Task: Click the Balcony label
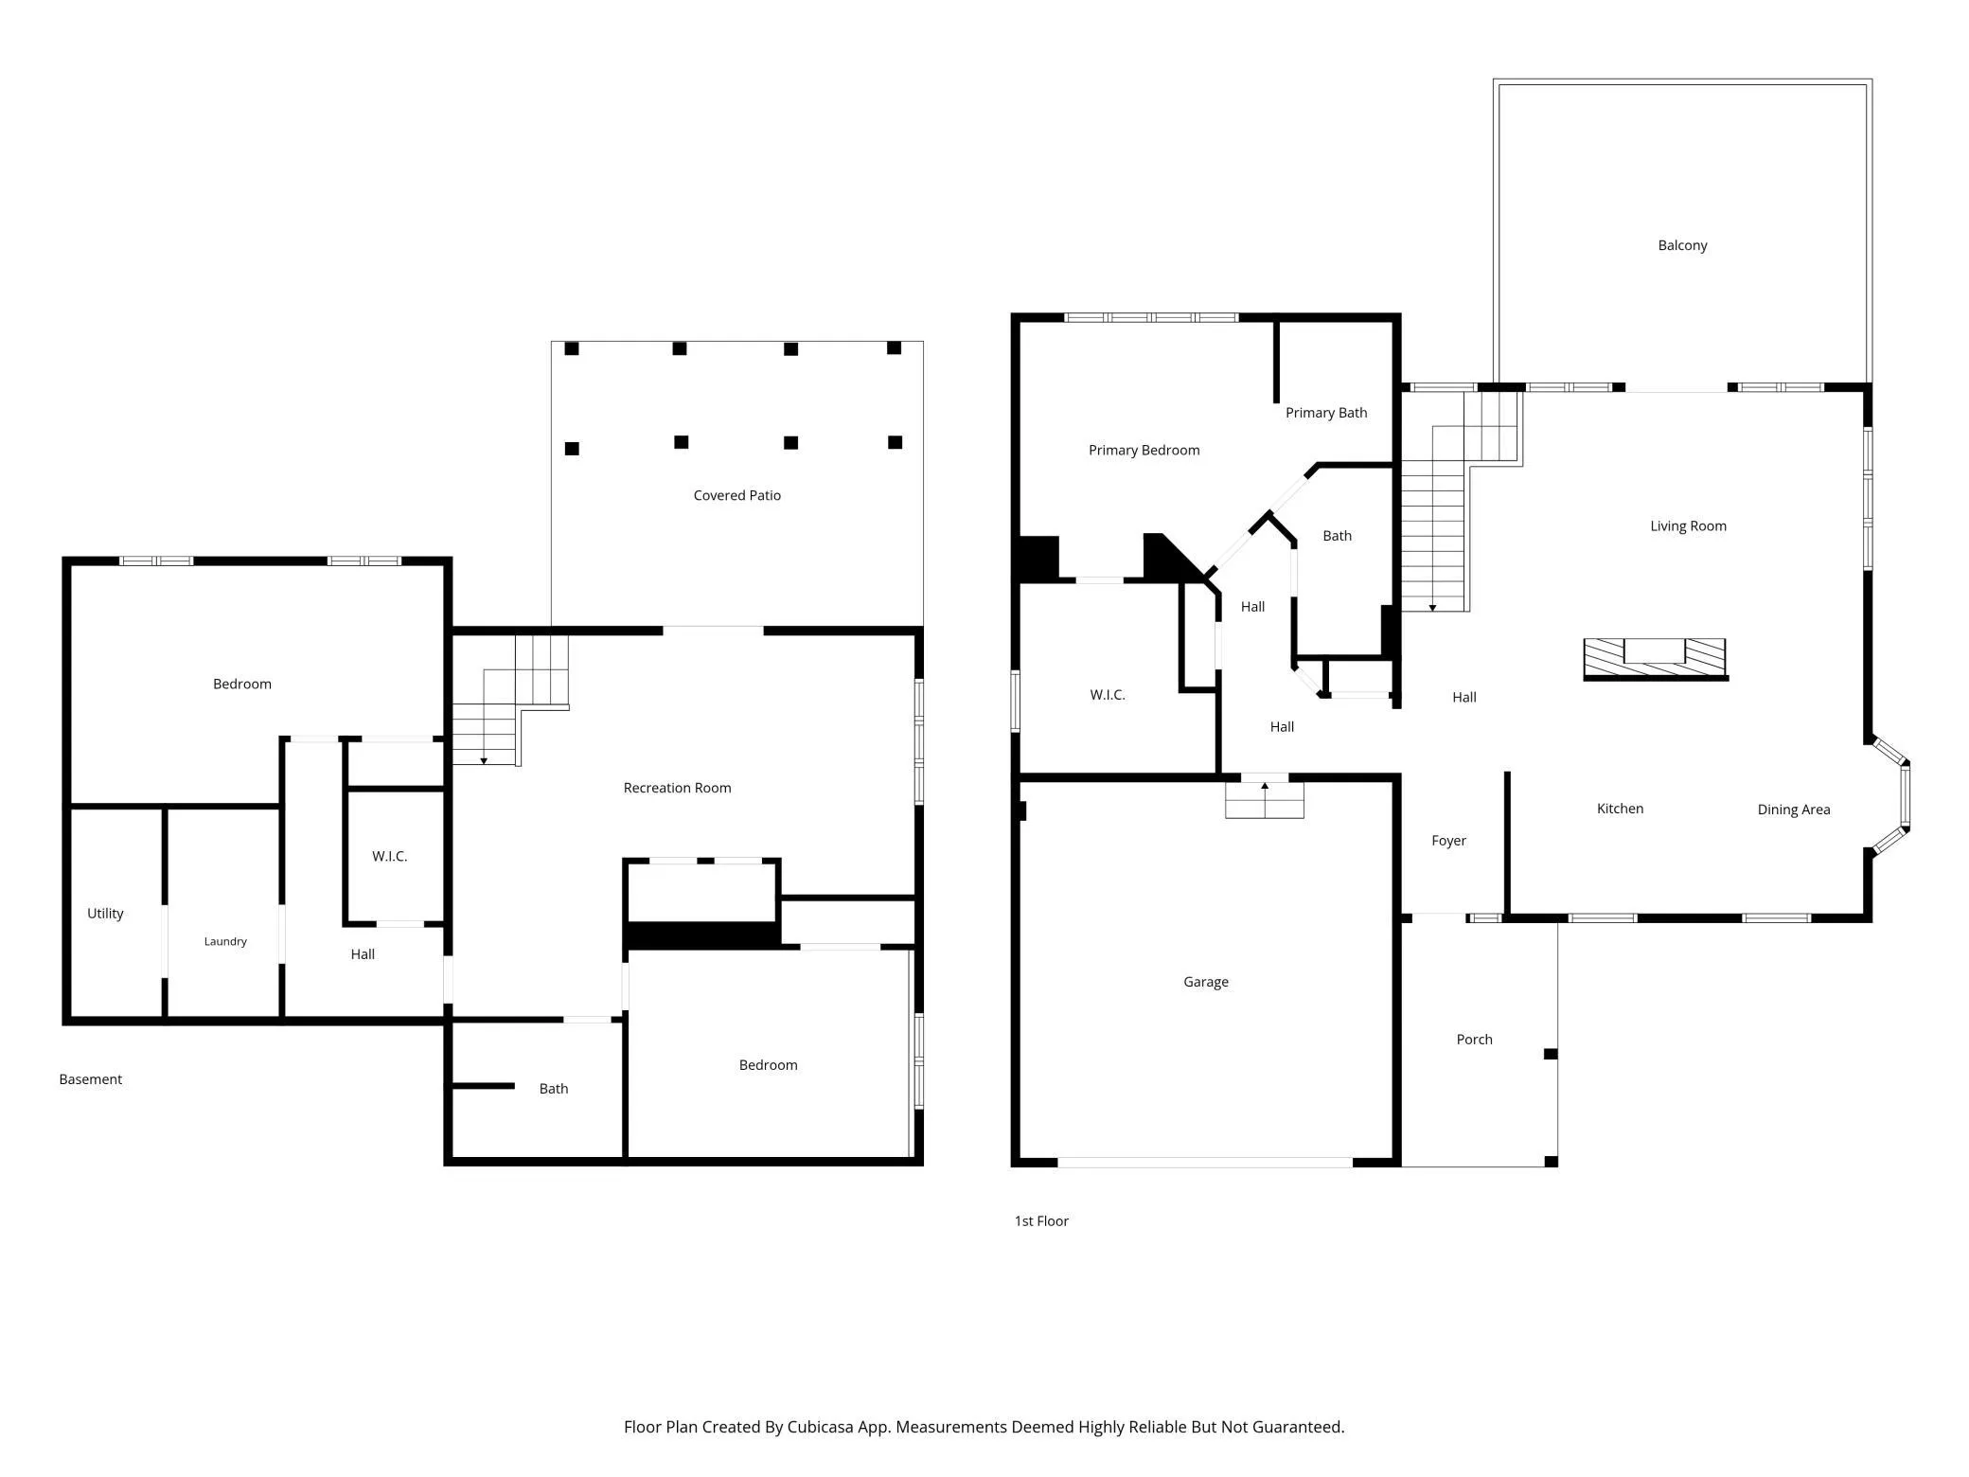[x=1682, y=245]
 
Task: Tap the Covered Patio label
[x=736, y=495]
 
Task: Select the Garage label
[x=1206, y=982]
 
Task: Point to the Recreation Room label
[x=677, y=788]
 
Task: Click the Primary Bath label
[x=1326, y=413]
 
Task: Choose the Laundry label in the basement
[x=225, y=941]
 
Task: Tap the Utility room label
[x=105, y=914]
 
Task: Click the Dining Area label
[x=1794, y=810]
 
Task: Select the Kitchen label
[x=1620, y=809]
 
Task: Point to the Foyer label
[x=1448, y=841]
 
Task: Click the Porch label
[x=1474, y=1040]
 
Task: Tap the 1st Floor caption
[x=1041, y=1221]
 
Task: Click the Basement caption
[x=91, y=1079]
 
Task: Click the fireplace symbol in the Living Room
[x=1656, y=659]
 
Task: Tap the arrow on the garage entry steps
[x=1265, y=786]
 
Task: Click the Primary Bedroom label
[x=1144, y=451]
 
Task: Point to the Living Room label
[x=1688, y=526]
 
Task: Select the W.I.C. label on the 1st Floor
[x=1108, y=695]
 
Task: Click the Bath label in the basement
[x=554, y=1089]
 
